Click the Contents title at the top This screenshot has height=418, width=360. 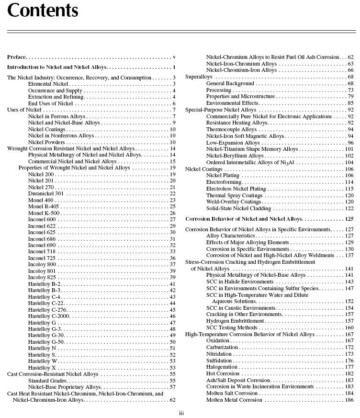(x=43, y=11)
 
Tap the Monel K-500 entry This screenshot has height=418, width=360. (x=44, y=213)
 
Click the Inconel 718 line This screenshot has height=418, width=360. (x=42, y=251)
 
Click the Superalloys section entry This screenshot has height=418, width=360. (x=199, y=77)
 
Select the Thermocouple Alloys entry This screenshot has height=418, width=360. (x=231, y=129)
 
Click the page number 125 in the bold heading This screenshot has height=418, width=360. (x=349, y=219)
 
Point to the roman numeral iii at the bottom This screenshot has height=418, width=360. (x=181, y=413)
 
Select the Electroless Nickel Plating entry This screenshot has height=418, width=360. (x=236, y=189)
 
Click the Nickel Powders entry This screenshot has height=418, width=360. (x=46, y=142)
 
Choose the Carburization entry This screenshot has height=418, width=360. (x=222, y=347)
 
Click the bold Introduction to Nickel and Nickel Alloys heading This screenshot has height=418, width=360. (x=57, y=68)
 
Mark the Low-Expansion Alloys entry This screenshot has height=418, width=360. (x=233, y=143)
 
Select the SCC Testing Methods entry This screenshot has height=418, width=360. (x=232, y=328)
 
